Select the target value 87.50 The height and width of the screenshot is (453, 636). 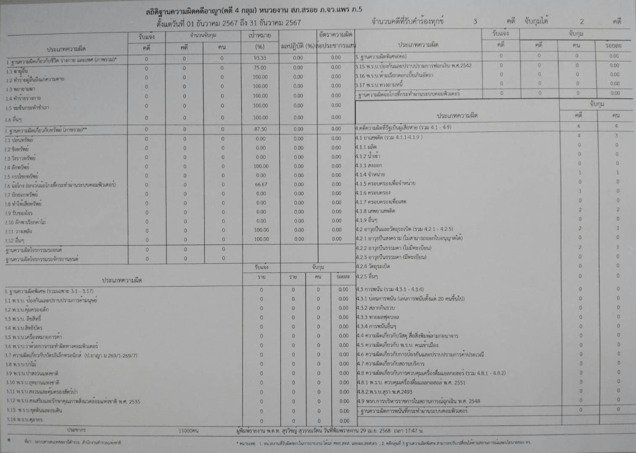click(260, 129)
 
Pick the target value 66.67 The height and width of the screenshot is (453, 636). click(261, 184)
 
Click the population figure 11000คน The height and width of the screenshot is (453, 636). click(188, 431)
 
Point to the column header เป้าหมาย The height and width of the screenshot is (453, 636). click(260, 35)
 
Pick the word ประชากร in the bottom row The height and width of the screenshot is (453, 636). click(76, 430)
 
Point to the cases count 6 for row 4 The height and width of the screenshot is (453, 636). click(579, 126)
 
